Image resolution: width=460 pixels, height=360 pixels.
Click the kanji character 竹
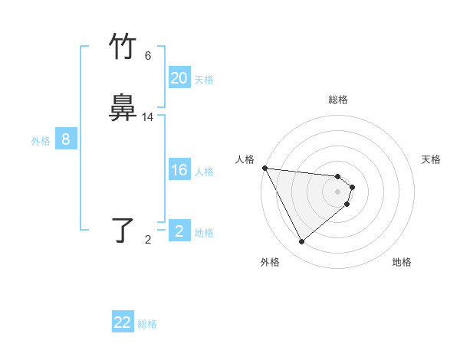(123, 47)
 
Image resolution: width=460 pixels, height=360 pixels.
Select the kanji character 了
(123, 231)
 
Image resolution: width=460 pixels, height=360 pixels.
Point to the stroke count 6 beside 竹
(148, 56)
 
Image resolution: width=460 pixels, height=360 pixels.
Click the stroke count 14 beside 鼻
(148, 117)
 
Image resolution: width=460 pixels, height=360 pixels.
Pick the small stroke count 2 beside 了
(148, 240)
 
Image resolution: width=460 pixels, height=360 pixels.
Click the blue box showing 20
(179, 78)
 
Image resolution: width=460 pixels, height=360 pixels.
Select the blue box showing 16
(179, 170)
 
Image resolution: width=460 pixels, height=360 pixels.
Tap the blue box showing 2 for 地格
(179, 231)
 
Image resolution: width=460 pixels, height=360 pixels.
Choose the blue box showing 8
(66, 139)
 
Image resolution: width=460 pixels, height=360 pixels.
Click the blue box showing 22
(123, 322)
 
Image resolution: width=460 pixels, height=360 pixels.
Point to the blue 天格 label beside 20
(204, 80)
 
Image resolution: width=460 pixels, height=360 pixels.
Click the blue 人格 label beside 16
(204, 172)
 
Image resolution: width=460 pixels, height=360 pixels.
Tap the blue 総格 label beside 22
(147, 324)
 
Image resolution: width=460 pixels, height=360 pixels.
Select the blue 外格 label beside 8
(41, 141)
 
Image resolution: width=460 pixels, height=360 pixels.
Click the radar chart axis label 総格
(338, 100)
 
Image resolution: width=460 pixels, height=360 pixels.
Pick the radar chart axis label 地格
(402, 263)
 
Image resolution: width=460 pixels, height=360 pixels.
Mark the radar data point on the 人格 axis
(264, 168)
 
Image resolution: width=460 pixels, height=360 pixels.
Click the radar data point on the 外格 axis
(301, 241)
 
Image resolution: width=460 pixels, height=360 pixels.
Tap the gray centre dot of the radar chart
(338, 191)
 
